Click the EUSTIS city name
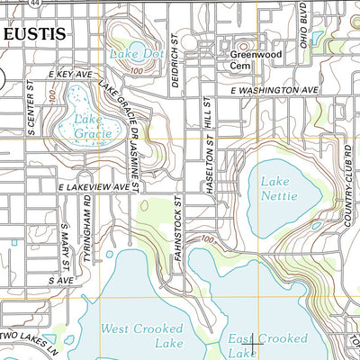(34, 34)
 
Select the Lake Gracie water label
(94, 127)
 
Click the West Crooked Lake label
(143, 336)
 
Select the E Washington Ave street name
(274, 91)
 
